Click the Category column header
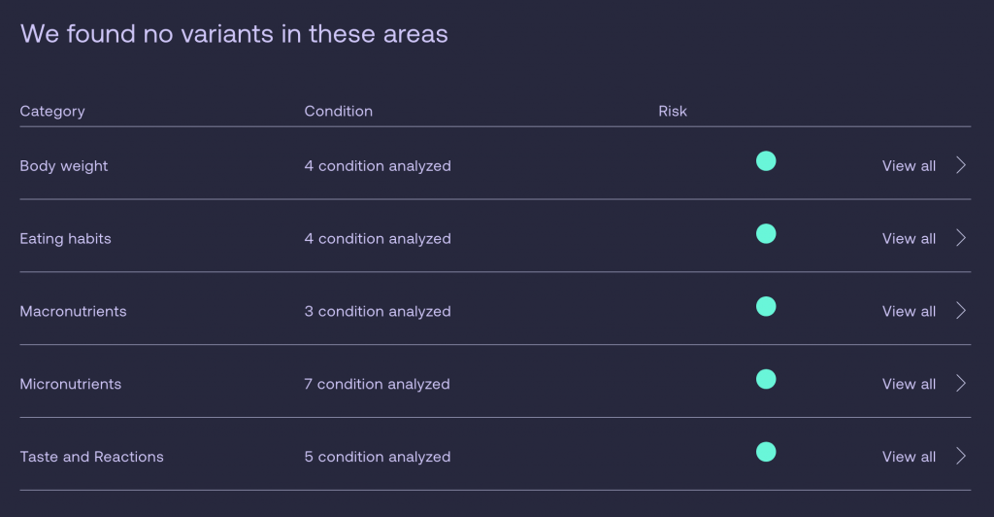52,112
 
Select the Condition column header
339,111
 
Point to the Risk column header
673,111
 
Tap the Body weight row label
63,166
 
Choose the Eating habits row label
65,239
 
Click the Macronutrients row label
73,312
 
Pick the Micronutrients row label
70,384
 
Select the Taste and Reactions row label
91,457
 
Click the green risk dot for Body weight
766,161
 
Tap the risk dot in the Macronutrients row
766,306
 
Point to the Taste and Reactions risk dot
766,452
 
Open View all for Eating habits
909,238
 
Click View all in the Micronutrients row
909,384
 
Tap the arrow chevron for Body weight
961,165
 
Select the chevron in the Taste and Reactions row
961,456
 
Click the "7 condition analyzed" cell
377,384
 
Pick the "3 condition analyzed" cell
378,312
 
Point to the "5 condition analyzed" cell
378,457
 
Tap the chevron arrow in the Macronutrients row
961,311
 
